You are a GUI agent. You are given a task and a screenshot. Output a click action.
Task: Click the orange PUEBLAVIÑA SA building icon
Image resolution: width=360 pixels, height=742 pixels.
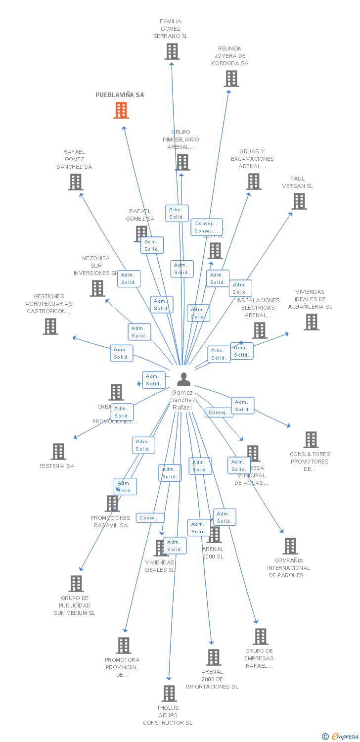[x=121, y=110]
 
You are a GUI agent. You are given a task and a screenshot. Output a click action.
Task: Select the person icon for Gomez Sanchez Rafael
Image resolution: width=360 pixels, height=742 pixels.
[x=183, y=379]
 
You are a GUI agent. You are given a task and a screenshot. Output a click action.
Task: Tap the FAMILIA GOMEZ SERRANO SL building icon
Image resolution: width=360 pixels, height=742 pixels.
[x=172, y=51]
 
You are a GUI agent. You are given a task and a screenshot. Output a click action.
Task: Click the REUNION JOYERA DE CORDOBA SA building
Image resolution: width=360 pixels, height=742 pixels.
[x=231, y=79]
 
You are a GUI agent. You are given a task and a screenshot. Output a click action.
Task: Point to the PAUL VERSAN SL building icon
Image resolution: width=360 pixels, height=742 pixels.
[x=299, y=201]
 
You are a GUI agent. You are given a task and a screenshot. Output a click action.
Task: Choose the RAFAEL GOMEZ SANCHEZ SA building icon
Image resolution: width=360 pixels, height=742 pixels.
[x=75, y=182]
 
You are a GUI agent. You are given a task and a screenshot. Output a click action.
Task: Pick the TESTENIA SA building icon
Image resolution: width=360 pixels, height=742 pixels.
[x=58, y=452]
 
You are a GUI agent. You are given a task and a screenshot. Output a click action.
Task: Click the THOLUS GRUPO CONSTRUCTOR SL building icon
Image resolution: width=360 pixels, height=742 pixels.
[x=169, y=694]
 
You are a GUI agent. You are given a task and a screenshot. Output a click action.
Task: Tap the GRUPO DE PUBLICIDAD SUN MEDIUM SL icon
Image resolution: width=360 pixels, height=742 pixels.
[x=76, y=584]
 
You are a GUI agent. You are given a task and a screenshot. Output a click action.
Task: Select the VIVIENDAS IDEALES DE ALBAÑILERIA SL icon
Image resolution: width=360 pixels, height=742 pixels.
[x=311, y=322]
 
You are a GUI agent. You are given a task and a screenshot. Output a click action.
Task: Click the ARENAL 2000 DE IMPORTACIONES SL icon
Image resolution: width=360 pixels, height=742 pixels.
[x=213, y=657]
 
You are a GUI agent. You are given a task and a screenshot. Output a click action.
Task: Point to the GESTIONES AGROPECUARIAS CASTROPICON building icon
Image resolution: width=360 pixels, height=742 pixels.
[x=50, y=326]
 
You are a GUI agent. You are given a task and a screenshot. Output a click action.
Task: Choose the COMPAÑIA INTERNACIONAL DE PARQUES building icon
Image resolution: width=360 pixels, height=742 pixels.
[x=290, y=546]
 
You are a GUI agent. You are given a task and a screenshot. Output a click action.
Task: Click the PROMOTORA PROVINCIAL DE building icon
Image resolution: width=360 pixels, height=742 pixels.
[x=124, y=646]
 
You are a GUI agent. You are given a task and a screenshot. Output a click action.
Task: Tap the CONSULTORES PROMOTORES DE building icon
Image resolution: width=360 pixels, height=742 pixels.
[x=311, y=440]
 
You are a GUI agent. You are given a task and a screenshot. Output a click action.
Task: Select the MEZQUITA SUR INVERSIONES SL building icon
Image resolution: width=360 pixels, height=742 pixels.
[x=97, y=288]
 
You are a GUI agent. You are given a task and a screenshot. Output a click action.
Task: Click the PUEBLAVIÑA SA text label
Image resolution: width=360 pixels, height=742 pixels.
[x=120, y=94]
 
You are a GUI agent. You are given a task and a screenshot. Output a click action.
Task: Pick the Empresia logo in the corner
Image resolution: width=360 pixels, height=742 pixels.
[x=341, y=737]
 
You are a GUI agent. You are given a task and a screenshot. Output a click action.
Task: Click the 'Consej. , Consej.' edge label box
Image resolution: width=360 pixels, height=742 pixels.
[x=206, y=227]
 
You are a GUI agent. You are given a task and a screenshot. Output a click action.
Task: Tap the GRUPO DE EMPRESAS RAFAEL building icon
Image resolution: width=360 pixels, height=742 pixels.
[x=260, y=637]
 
